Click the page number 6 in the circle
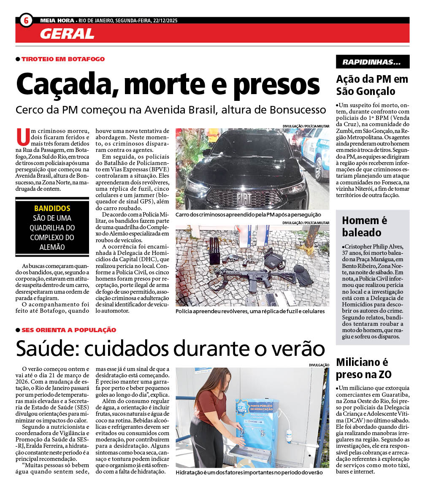coord(26,20)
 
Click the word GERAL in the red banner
coord(67,34)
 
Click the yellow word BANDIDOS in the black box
coord(52,208)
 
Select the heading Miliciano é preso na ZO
coord(363,368)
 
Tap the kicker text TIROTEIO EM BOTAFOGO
coord(63,59)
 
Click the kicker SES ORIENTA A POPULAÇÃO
coord(68,330)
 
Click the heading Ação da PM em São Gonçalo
coord(372,85)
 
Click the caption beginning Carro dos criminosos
coord(248,215)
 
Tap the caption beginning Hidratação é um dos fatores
coord(249,473)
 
